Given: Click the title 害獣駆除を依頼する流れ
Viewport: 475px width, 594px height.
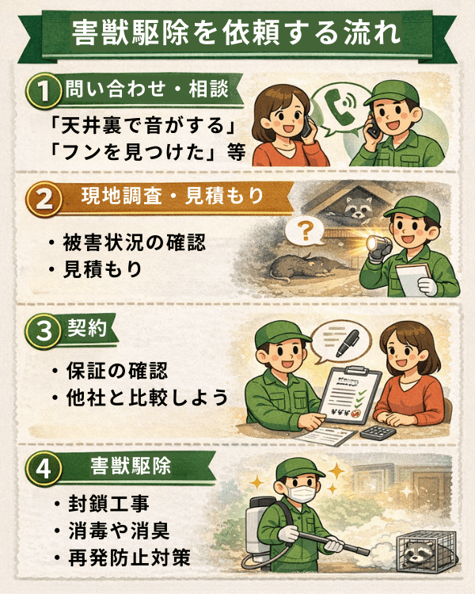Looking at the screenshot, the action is point(236,33).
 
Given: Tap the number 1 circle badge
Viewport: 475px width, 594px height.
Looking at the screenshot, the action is point(44,90).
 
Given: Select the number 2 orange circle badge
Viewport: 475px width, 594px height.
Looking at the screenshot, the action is point(44,199).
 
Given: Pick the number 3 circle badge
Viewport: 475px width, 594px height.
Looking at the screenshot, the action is point(44,329).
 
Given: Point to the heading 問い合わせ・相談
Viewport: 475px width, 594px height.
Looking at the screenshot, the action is point(146,89).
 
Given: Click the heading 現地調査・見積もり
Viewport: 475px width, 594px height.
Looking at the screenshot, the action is point(173,196).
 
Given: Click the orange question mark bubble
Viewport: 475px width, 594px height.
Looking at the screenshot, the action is point(305,231).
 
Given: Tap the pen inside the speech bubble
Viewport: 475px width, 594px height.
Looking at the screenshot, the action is point(348,342).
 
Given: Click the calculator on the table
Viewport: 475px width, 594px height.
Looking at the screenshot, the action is point(378,432).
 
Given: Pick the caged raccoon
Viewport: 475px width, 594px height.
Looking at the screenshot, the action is point(427,552).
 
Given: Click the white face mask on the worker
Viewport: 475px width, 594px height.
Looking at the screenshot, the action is point(300,493).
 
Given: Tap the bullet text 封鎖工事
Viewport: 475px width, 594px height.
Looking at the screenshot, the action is point(108,504).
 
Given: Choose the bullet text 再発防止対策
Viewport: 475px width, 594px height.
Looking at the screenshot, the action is point(129,558).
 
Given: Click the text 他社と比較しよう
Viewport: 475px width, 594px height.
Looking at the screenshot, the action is point(147,398).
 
